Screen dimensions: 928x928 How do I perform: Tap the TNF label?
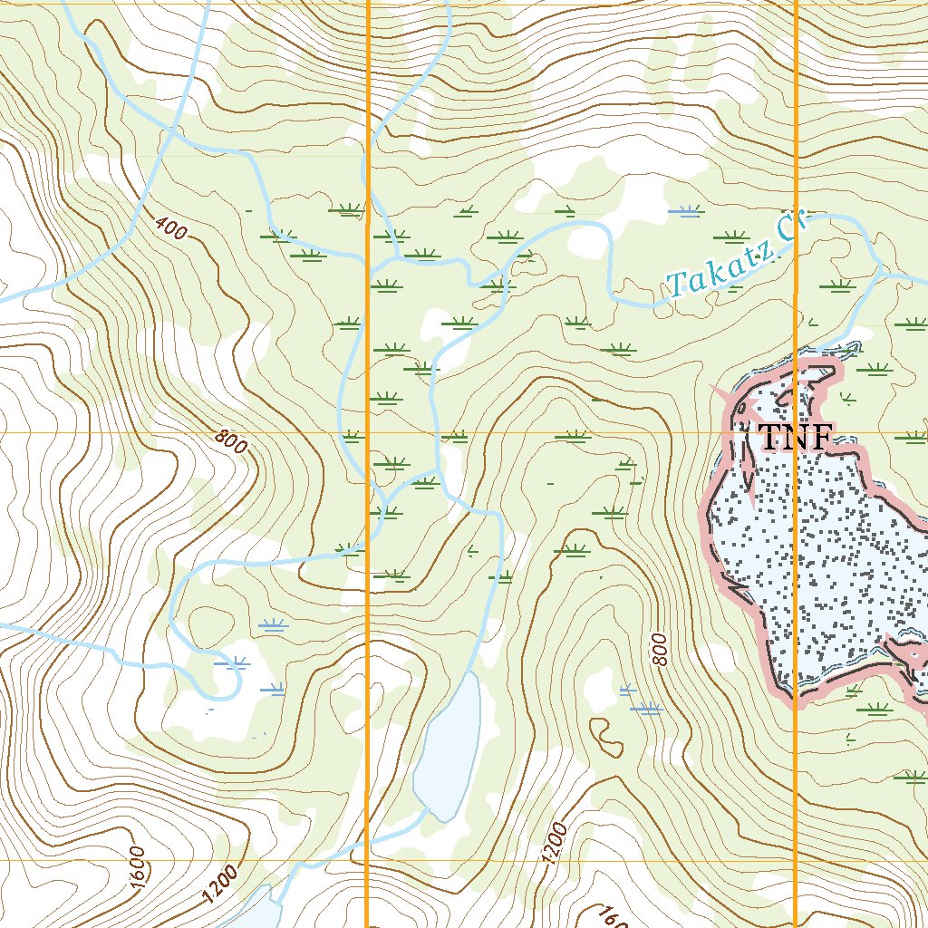[x=795, y=437]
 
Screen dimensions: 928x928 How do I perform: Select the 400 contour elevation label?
[x=170, y=228]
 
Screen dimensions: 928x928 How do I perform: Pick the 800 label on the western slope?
[x=231, y=441]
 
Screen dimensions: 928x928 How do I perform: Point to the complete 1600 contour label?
[x=137, y=866]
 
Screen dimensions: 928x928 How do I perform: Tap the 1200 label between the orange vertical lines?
[x=556, y=843]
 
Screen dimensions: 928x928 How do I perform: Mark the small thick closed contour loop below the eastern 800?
[x=606, y=738]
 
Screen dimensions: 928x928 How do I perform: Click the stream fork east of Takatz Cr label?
[x=880, y=269]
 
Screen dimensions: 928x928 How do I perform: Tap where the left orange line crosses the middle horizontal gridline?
[x=367, y=432]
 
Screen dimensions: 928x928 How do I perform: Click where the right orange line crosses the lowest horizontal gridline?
[x=795, y=860]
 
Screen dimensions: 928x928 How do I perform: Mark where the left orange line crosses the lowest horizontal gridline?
[x=367, y=860]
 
